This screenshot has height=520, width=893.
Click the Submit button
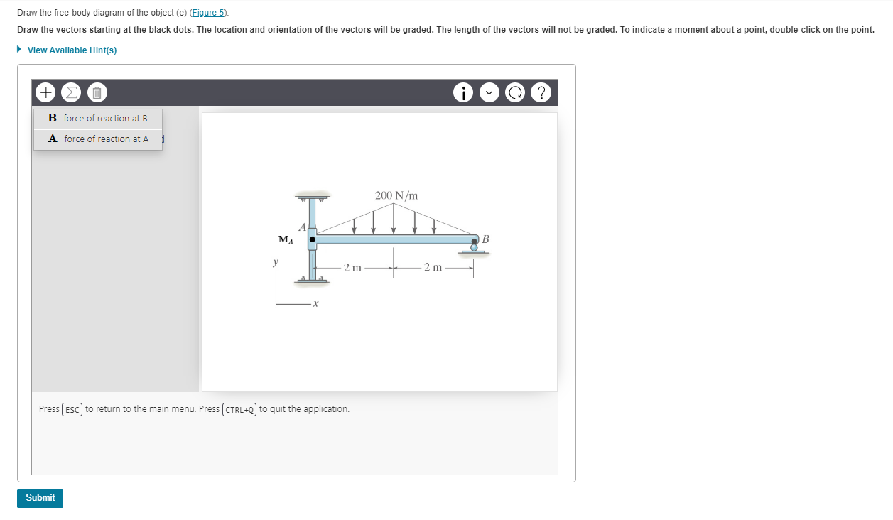coord(40,498)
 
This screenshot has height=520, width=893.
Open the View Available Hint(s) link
coord(71,50)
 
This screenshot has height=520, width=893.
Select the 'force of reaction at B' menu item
coord(98,118)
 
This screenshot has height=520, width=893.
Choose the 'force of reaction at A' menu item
coord(98,139)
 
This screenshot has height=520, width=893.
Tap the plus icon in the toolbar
coord(45,92)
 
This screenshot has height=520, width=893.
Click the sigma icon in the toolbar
coord(71,92)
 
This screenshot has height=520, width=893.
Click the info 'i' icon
coord(463,92)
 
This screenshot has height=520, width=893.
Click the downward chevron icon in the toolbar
coord(489,92)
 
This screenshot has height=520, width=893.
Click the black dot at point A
coord(312,239)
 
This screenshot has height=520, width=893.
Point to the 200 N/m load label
coord(396,195)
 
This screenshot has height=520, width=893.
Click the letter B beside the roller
coord(485,239)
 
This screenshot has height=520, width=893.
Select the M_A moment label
coord(285,240)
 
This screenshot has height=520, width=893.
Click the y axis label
coord(276,262)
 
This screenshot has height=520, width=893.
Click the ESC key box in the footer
coord(72,409)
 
